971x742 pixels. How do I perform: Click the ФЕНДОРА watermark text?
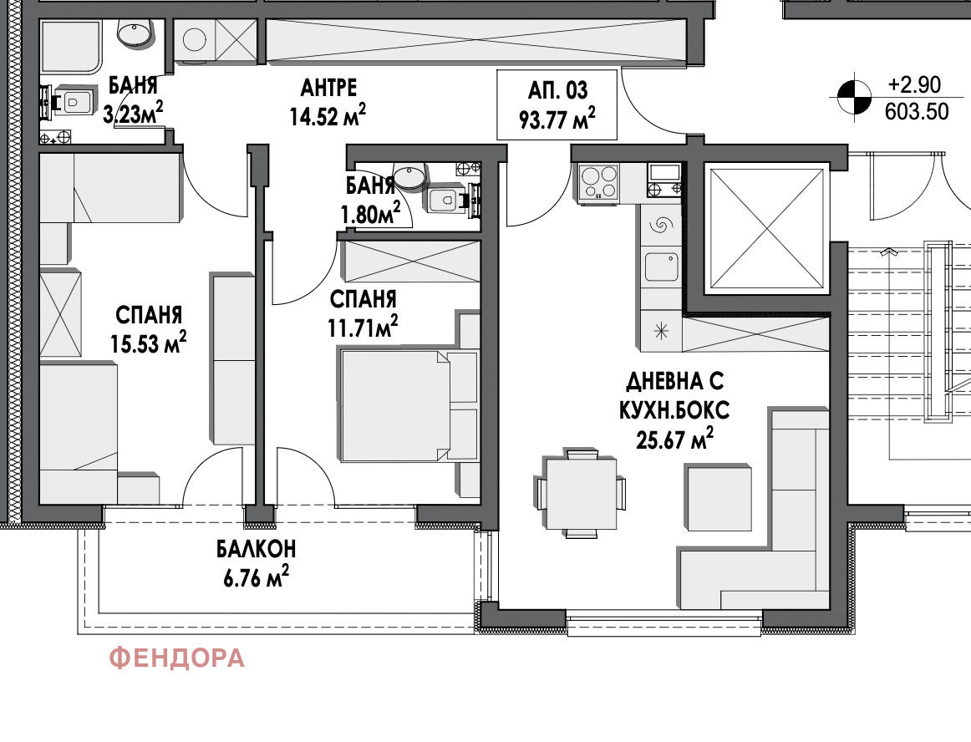tap(176, 658)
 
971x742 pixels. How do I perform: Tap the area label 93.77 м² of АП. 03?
tap(557, 119)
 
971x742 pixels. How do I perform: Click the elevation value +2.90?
tap(914, 85)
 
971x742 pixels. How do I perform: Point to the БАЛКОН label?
tap(256, 549)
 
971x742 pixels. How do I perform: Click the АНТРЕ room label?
tap(329, 88)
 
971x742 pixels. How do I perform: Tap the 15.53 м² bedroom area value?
tap(149, 343)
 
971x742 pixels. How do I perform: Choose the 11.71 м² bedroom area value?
tap(363, 327)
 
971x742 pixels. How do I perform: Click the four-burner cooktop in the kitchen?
tap(598, 182)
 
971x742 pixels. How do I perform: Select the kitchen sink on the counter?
tap(661, 267)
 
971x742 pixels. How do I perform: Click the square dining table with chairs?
tap(581, 494)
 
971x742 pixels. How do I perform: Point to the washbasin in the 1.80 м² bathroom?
tap(410, 176)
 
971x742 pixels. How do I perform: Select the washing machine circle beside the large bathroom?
tap(195, 39)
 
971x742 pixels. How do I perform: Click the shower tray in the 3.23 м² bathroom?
tap(71, 47)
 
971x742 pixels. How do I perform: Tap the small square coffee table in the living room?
tap(719, 498)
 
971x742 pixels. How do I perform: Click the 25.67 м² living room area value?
tap(674, 440)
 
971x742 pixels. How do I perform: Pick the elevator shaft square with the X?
tap(767, 229)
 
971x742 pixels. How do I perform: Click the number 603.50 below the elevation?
tap(917, 111)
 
